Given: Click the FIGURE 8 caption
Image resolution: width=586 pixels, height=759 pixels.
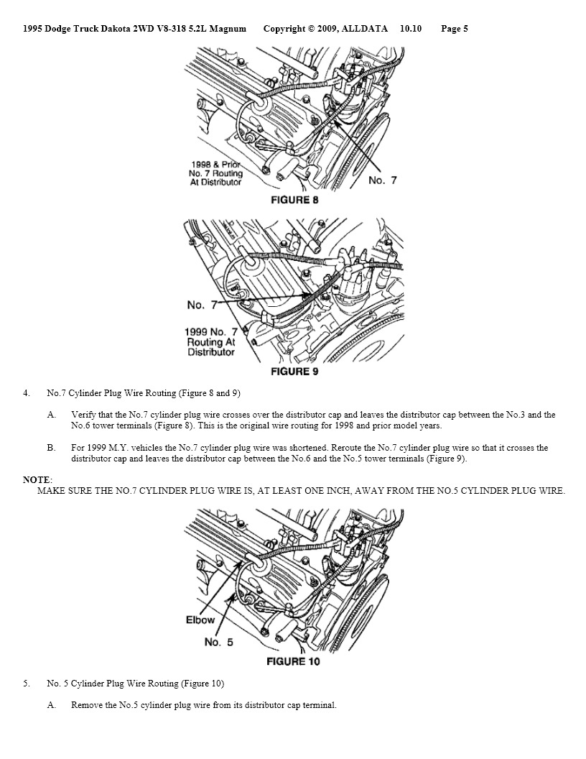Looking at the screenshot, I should [294, 200].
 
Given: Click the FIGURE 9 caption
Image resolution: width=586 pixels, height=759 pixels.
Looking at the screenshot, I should [294, 372].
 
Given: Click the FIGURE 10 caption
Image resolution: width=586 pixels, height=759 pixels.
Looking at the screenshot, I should [293, 661].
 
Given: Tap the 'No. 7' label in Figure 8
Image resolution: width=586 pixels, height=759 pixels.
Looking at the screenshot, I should [382, 180].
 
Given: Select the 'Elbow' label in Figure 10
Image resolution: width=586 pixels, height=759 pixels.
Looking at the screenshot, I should [200, 620].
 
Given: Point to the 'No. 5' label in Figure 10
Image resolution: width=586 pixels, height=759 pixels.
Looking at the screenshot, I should [218, 642].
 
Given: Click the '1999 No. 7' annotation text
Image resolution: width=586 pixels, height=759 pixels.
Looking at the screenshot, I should [210, 332].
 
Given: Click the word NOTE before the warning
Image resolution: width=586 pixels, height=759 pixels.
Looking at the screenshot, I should [37, 479].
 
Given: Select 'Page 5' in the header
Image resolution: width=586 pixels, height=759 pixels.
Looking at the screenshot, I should [455, 29].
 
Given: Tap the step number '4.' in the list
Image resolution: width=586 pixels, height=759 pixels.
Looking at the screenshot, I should [27, 393].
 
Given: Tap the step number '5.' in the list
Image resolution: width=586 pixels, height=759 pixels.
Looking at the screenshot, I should [27, 683].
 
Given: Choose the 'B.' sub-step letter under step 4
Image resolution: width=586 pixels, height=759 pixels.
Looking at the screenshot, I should [52, 448].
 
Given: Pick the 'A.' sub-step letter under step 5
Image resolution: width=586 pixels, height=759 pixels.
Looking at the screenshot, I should [52, 705].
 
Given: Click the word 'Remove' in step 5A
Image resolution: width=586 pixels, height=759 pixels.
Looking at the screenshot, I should [86, 705].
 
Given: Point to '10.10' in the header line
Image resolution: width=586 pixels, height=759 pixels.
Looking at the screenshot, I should [411, 29].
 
